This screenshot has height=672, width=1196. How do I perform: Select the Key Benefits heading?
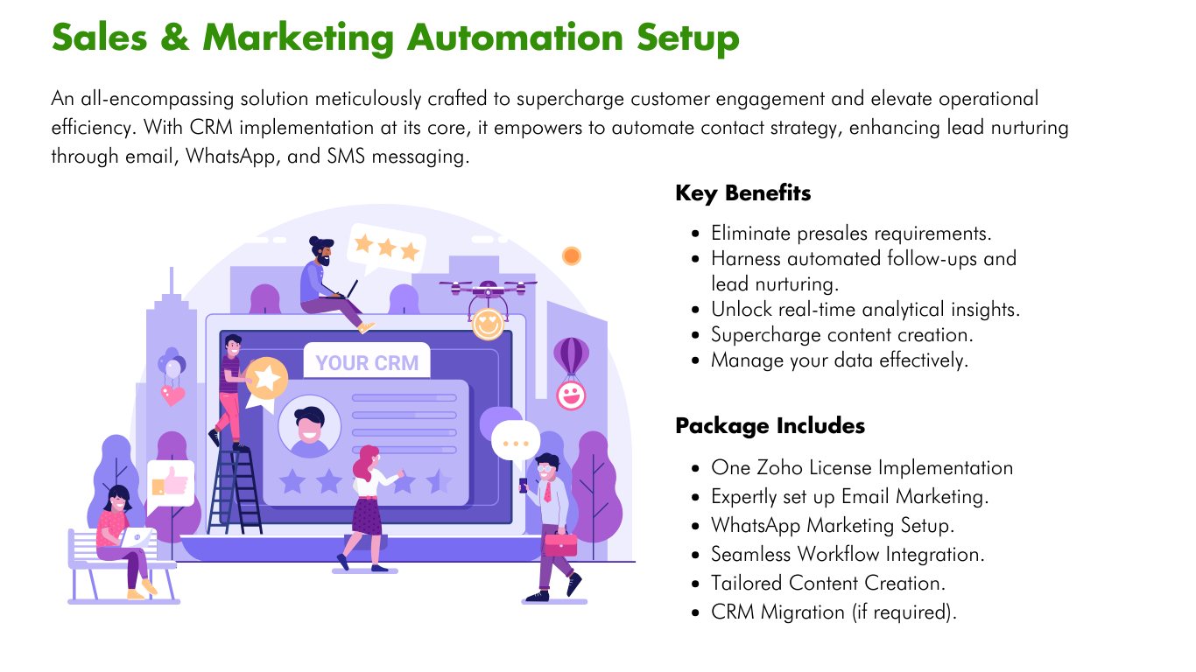pyautogui.click(x=742, y=193)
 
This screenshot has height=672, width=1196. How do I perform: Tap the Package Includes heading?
pyautogui.click(x=770, y=426)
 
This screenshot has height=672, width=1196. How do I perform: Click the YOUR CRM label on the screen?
pyautogui.click(x=367, y=362)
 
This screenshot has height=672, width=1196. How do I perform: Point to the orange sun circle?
pyautogui.click(x=572, y=255)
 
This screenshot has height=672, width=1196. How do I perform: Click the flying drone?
pyautogui.click(x=488, y=290)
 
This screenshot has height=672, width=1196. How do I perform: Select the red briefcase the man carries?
pyautogui.click(x=560, y=542)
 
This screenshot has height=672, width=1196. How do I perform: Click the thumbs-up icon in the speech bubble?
pyautogui.click(x=170, y=481)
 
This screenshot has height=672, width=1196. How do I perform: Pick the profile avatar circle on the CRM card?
pyautogui.click(x=308, y=426)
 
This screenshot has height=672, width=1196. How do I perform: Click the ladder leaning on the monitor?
pyautogui.click(x=234, y=490)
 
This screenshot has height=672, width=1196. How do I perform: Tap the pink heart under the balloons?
pyautogui.click(x=172, y=395)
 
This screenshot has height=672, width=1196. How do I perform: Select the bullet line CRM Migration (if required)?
pyautogui.click(x=834, y=612)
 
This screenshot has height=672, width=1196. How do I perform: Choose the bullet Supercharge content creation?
pyautogui.click(x=841, y=335)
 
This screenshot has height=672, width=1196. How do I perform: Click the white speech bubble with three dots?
pyautogui.click(x=515, y=440)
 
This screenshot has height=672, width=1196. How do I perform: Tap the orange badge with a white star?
pyautogui.click(x=266, y=379)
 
